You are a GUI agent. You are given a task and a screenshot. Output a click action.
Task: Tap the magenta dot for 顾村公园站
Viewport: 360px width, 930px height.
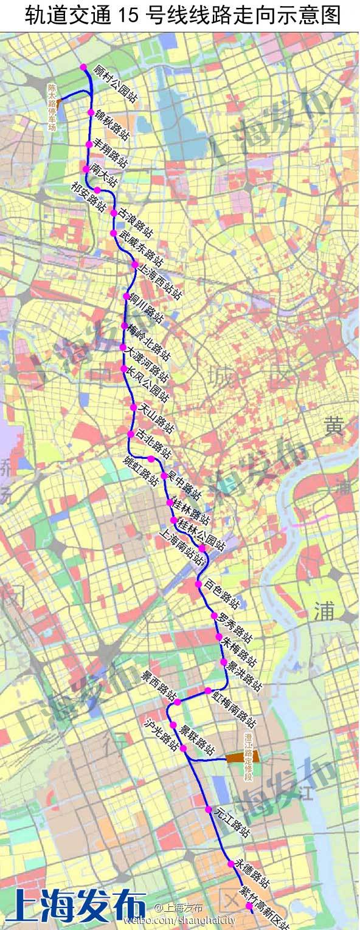83,67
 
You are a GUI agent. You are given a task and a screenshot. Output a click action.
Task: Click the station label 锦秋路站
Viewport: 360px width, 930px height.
112,123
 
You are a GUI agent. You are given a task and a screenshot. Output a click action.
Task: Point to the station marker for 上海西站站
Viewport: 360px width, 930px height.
135,265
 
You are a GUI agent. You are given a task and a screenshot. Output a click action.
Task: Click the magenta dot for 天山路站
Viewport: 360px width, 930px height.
133,407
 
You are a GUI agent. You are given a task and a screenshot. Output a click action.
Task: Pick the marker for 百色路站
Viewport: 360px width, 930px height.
198,584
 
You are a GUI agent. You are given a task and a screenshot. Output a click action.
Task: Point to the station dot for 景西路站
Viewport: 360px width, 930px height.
177,702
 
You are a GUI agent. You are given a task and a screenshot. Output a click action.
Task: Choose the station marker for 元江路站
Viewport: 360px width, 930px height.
208,810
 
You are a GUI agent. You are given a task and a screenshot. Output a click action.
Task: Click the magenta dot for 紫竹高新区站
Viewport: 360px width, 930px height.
249,906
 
